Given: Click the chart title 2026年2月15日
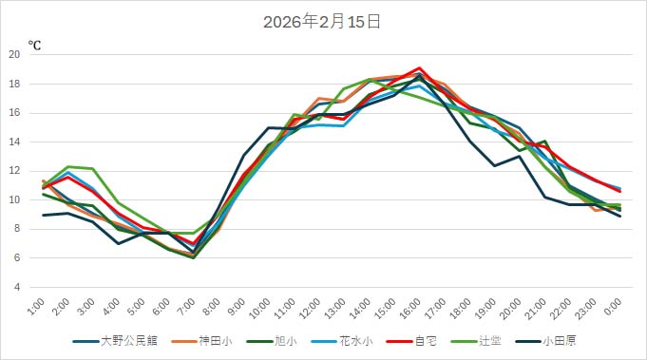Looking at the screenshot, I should (x=322, y=22).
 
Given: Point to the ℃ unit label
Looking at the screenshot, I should (x=34, y=45).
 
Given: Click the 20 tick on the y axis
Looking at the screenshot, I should (x=14, y=54).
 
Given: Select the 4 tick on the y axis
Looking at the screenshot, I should (x=17, y=287).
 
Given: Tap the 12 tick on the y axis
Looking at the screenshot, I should (x=14, y=171).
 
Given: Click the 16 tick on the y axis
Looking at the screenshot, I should (x=14, y=113).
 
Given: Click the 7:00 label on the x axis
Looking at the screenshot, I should (x=187, y=307).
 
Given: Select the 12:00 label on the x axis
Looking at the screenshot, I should (x=310, y=309).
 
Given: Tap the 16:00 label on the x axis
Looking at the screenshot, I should (x=409, y=309).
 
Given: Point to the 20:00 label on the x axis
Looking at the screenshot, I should (x=509, y=309).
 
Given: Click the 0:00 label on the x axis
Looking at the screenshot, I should (x=612, y=307).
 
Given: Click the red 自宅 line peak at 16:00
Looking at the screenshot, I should (x=419, y=68).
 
